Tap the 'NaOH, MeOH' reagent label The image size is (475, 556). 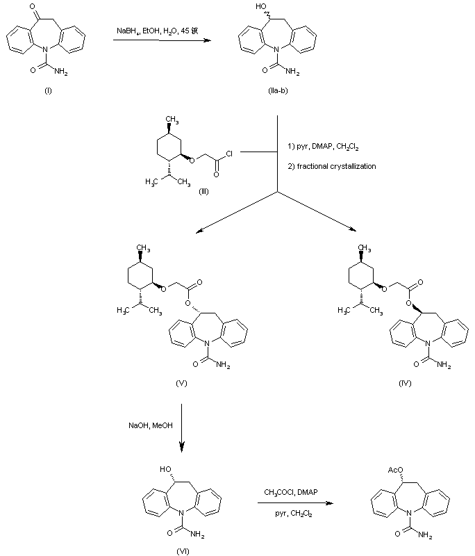tap(147, 424)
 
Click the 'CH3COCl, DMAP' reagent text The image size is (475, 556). tap(291, 493)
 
